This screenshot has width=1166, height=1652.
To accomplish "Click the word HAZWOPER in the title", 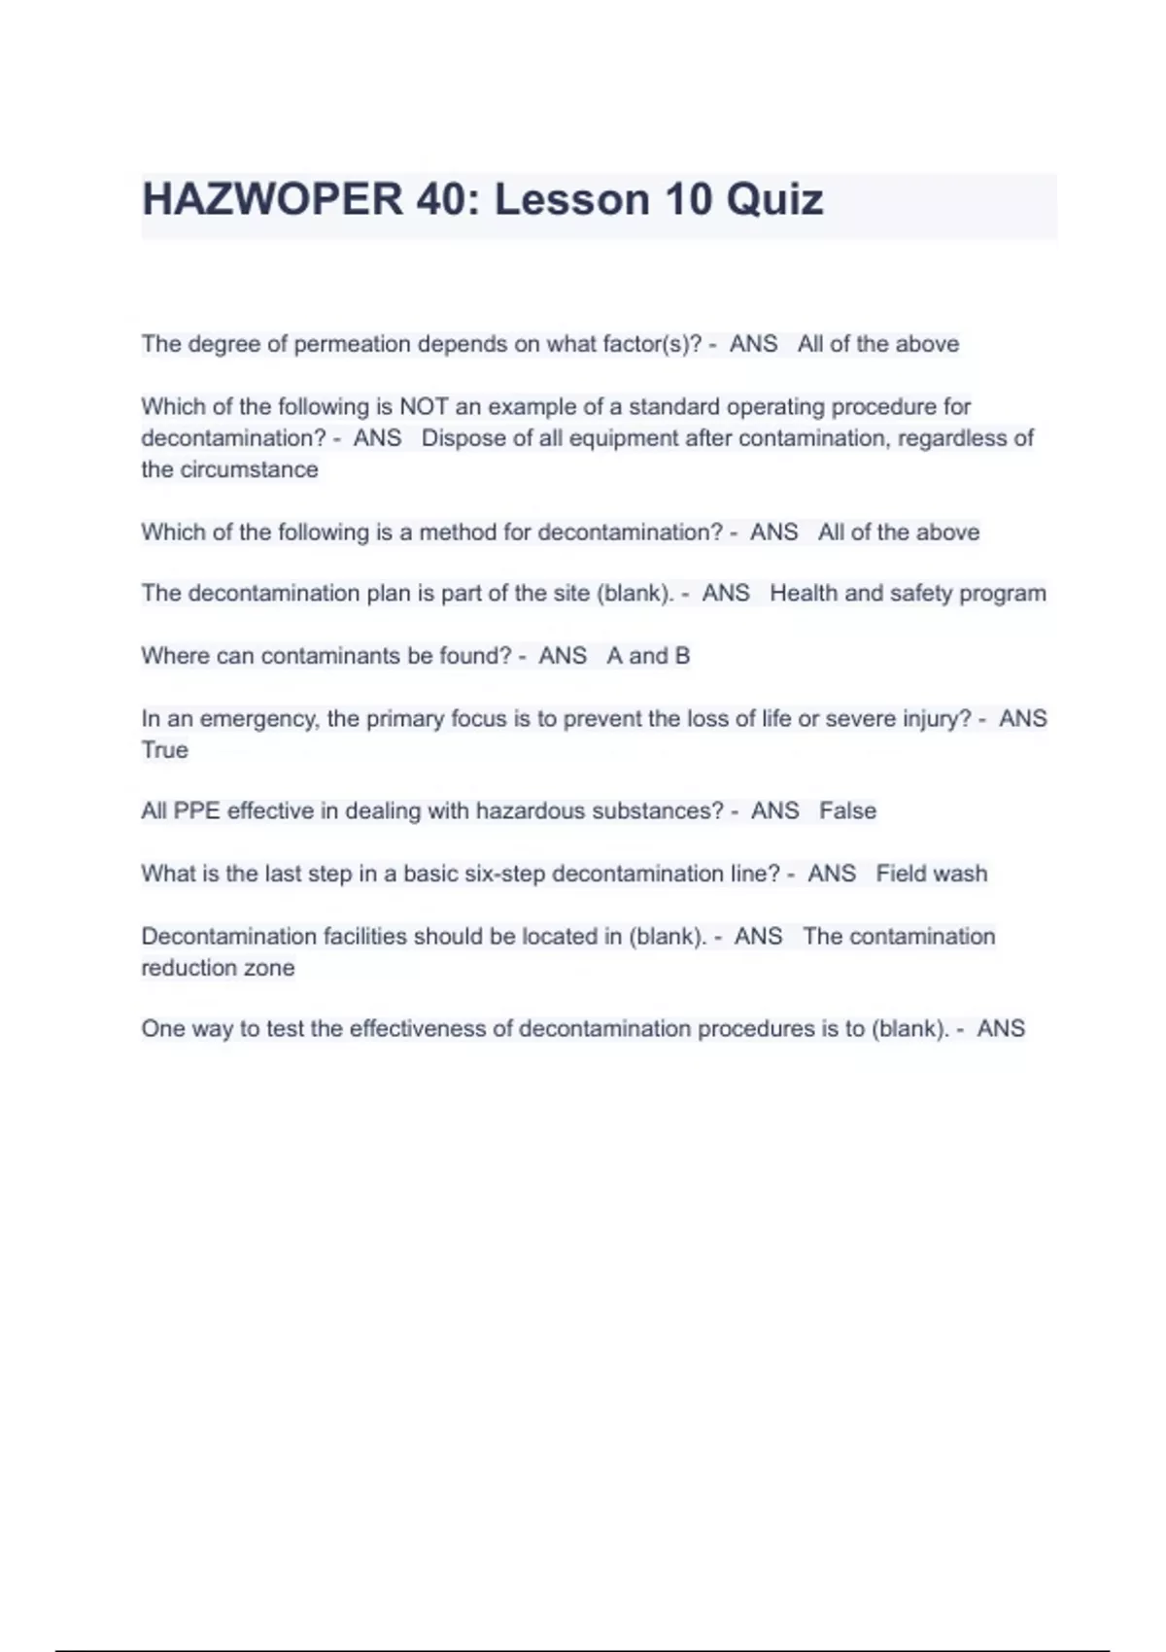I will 271,200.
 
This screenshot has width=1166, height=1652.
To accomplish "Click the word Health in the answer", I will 803,593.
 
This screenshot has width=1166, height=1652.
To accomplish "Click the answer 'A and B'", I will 648,656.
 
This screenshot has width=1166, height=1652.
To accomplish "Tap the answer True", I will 164,750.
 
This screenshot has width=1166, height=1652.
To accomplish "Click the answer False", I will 847,810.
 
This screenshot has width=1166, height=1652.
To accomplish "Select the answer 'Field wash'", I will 931,874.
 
